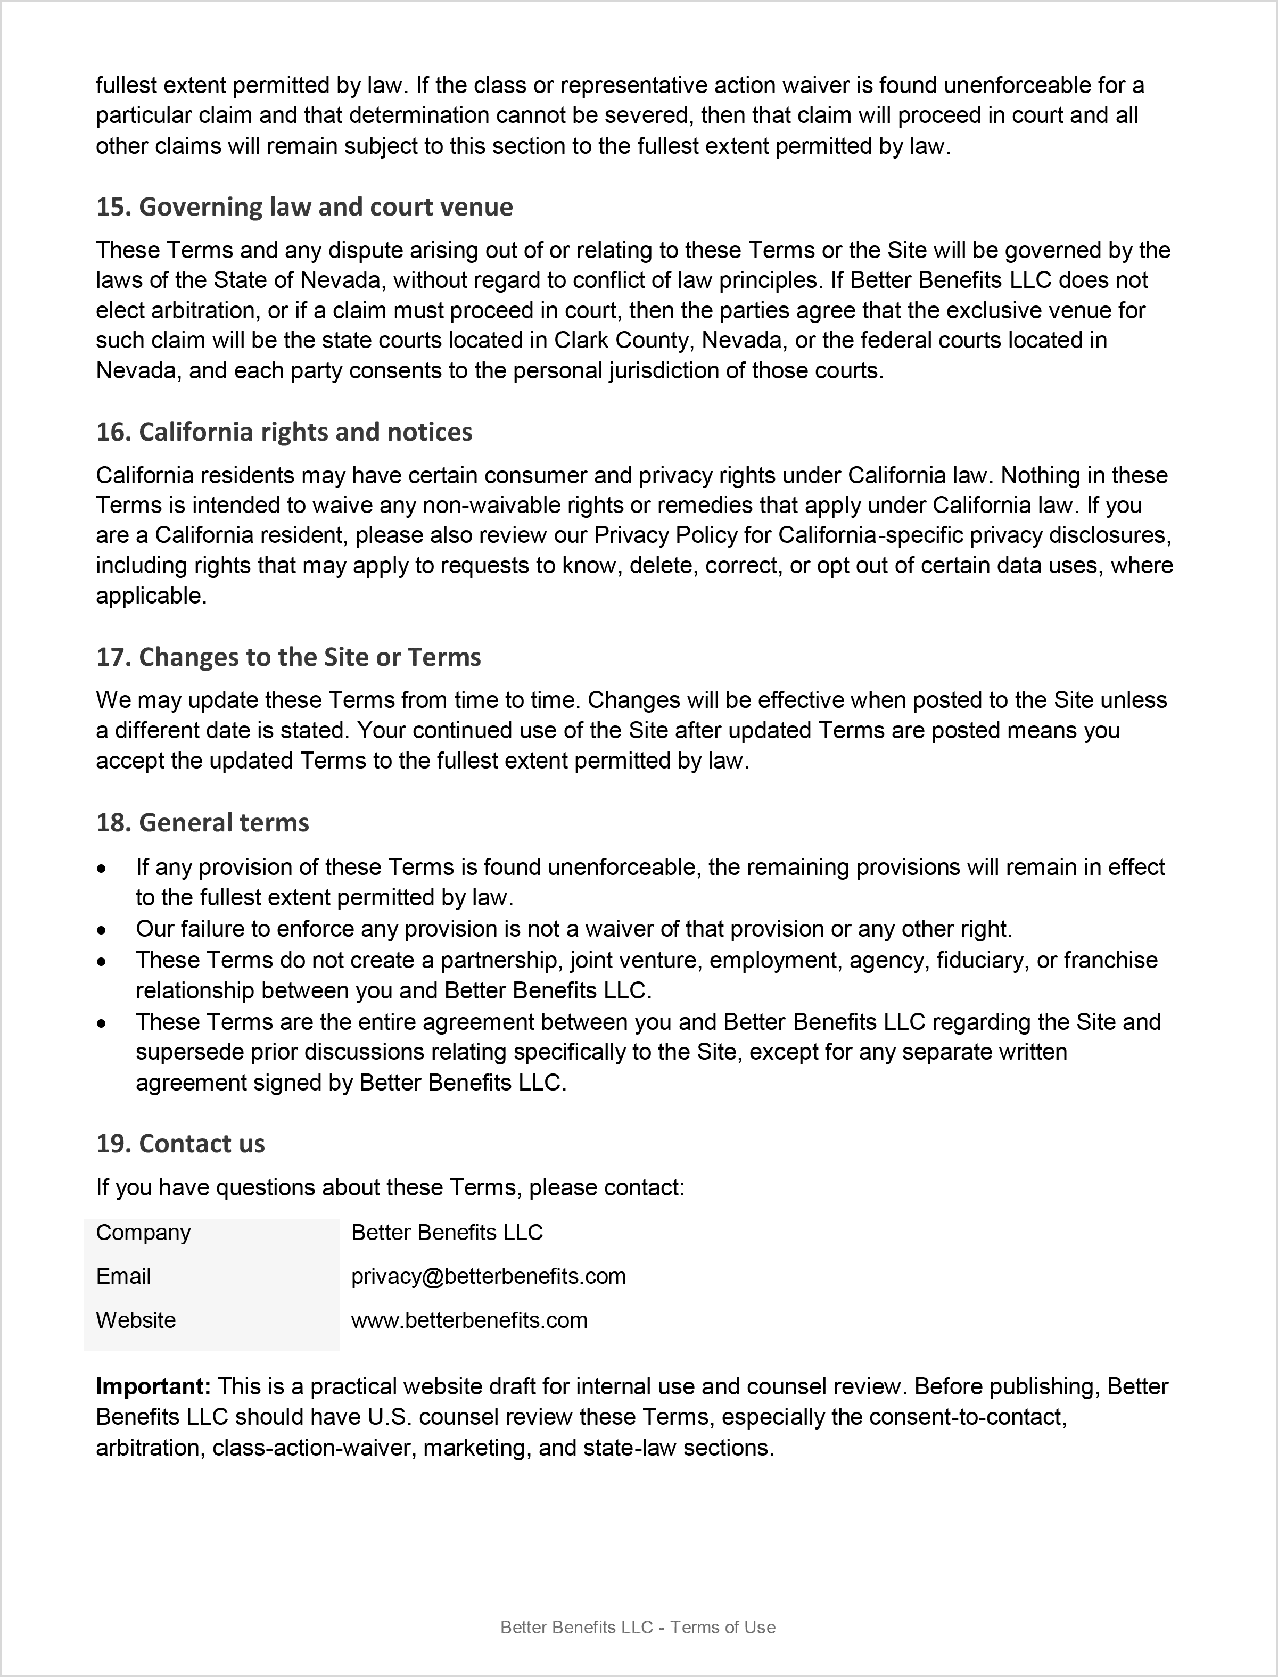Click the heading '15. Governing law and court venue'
[304, 207]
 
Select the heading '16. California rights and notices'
[284, 432]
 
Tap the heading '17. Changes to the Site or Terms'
[288, 657]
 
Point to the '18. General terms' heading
[202, 823]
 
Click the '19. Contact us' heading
[180, 1144]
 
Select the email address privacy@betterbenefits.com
[489, 1276]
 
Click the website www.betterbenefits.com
[469, 1320]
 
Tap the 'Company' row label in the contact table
[143, 1233]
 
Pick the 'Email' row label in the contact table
[123, 1276]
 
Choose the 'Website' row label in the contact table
[135, 1320]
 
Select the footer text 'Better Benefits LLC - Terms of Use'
[638, 1628]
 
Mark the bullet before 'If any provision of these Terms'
[101, 869]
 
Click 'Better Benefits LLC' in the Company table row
[447, 1233]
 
